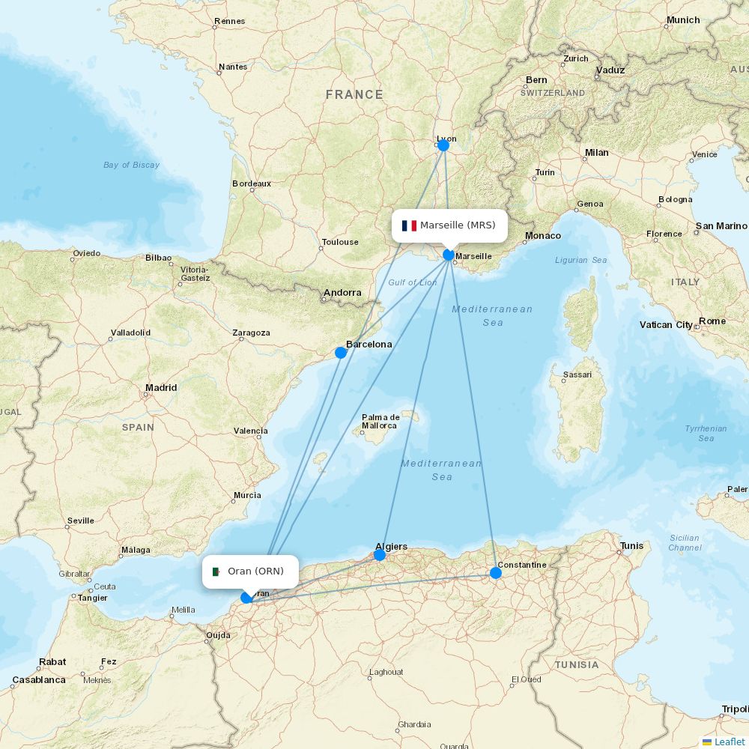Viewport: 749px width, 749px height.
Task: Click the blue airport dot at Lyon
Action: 443,145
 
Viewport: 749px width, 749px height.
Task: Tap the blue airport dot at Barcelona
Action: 341,352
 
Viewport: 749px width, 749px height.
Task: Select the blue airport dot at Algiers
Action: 380,555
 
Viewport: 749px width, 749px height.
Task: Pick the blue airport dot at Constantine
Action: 496,573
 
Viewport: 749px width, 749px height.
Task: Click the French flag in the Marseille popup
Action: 409,225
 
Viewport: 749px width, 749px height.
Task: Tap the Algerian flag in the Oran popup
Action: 217,571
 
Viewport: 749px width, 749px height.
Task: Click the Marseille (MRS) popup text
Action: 458,225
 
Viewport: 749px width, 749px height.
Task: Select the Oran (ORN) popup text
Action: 255,571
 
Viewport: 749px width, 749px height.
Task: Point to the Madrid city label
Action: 162,388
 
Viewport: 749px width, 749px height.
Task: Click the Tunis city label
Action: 631,546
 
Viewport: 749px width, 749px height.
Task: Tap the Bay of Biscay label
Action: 132,165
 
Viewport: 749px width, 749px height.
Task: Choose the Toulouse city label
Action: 340,242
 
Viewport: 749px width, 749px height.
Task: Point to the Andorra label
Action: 342,293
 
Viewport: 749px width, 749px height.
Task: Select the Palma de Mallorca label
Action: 380,422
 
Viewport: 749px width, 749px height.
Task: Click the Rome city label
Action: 712,321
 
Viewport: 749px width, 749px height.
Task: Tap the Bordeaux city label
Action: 252,184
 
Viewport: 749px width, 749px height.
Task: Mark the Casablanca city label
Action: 39,680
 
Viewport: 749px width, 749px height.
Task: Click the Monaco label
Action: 543,236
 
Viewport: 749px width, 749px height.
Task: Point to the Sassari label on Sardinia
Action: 577,374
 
